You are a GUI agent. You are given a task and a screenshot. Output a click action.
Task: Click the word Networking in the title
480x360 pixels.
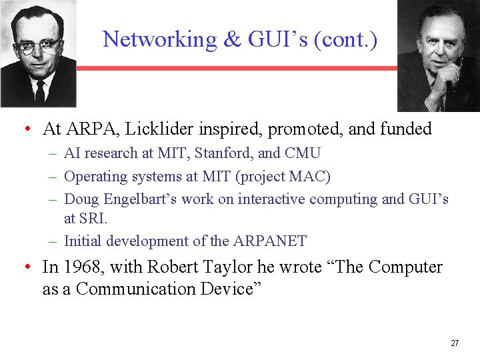[x=160, y=39]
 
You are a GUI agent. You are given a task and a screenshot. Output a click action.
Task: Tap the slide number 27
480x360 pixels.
[x=455, y=343]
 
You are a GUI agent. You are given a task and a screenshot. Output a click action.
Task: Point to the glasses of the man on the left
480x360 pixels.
[x=36, y=47]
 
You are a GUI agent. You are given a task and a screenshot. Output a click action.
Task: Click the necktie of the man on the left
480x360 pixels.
[x=39, y=91]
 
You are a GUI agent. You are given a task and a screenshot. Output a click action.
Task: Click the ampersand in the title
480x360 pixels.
[x=232, y=39]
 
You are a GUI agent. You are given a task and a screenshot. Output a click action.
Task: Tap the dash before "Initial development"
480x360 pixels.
[x=53, y=241]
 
